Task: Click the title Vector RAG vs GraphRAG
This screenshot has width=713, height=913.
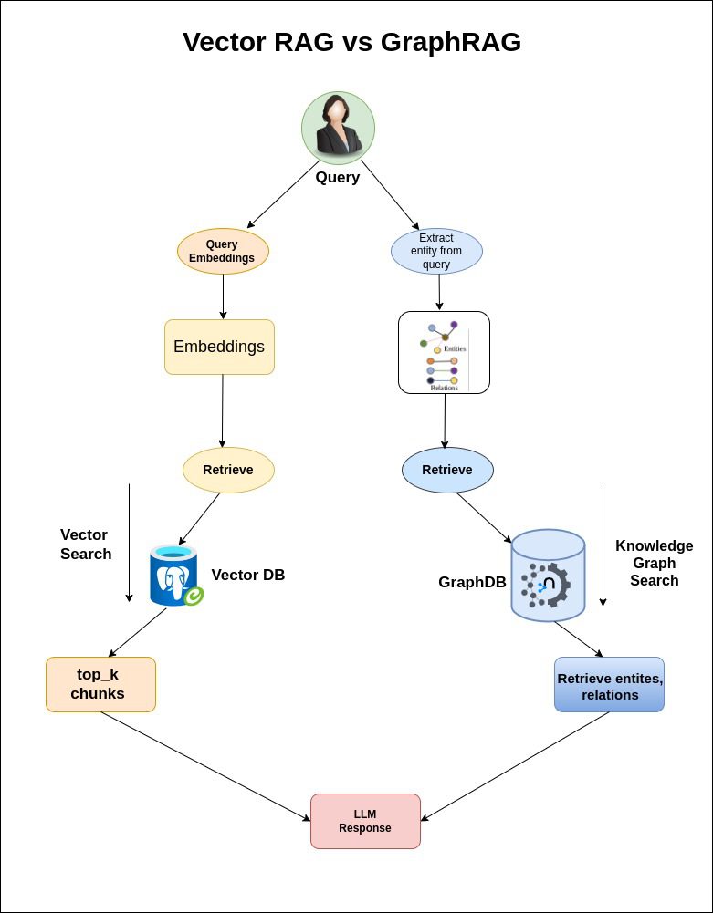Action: click(x=351, y=42)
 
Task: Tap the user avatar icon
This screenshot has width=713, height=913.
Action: click(x=338, y=128)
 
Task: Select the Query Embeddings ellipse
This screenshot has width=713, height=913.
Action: click(x=223, y=251)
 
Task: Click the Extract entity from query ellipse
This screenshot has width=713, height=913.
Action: click(x=436, y=251)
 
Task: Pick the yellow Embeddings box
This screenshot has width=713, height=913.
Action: click(x=219, y=347)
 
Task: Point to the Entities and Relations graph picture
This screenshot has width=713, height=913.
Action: click(x=445, y=352)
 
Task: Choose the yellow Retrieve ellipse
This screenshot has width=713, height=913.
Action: click(x=228, y=470)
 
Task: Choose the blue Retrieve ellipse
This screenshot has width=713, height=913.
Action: click(x=447, y=470)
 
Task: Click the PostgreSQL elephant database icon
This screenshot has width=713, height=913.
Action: click(x=176, y=576)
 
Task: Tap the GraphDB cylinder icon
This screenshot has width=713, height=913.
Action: click(x=548, y=576)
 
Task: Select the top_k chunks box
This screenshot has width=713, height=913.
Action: click(x=100, y=684)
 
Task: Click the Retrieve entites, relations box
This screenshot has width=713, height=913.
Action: click(x=609, y=685)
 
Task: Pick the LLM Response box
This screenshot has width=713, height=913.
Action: click(x=365, y=821)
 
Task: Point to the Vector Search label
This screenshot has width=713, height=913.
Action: click(x=86, y=545)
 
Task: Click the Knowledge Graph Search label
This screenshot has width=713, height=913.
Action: click(x=655, y=563)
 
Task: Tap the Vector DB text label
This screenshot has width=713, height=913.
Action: click(x=247, y=576)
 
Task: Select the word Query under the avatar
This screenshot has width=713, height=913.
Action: click(x=338, y=178)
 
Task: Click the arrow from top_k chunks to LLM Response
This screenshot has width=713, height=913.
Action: click(x=205, y=766)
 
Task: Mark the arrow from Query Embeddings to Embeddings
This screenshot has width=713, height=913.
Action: click(x=223, y=297)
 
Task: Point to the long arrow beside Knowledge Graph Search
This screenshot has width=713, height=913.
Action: click(x=603, y=547)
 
